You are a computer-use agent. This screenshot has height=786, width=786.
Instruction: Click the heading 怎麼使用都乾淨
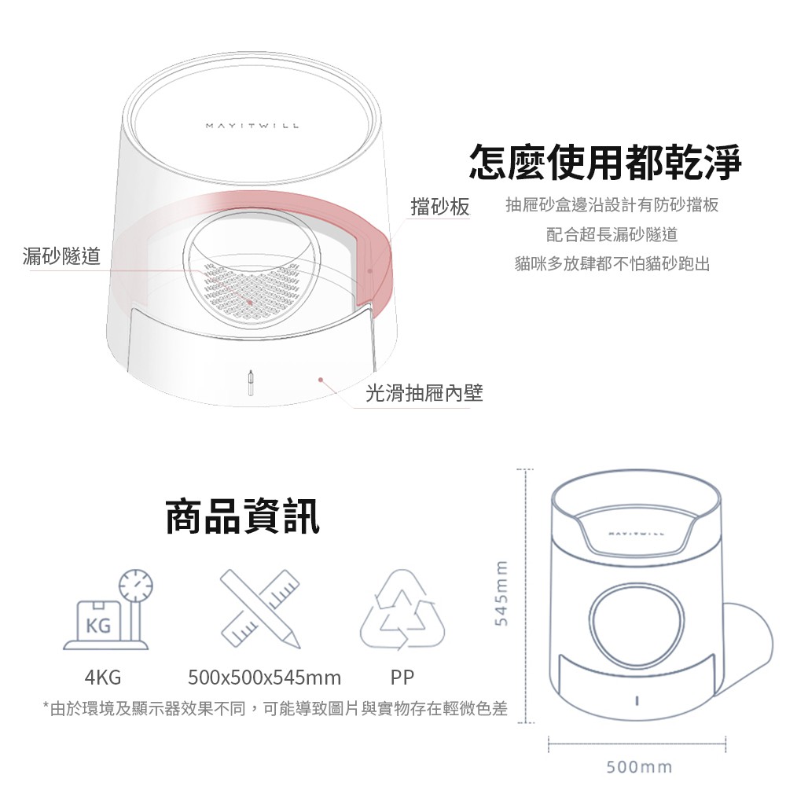tap(605, 161)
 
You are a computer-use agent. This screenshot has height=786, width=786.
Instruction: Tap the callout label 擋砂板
tap(439, 207)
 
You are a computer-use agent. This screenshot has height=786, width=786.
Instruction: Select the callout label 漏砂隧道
tap(61, 255)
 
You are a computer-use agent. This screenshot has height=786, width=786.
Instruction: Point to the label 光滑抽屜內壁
tap(424, 393)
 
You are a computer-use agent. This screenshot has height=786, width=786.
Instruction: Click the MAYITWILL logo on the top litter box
tap(252, 125)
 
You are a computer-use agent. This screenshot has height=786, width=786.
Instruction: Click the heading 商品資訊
tap(242, 516)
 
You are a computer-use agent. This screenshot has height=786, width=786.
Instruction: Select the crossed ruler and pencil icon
tap(260, 608)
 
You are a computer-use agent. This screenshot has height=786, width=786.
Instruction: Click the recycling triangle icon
tap(402, 609)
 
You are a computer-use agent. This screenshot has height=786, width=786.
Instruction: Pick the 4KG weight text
tap(103, 678)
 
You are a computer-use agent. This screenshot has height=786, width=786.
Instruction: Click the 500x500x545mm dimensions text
tap(265, 678)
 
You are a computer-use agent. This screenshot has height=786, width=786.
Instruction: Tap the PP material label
tap(402, 678)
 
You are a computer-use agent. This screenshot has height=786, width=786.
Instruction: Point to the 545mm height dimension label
tap(501, 593)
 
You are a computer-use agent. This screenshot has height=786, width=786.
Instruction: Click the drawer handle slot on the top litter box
tap(252, 384)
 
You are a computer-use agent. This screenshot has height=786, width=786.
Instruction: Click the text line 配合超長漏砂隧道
tap(612, 234)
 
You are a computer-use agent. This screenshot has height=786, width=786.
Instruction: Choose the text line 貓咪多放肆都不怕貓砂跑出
tap(612, 263)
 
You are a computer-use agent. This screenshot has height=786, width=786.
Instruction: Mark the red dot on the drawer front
tap(321, 380)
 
